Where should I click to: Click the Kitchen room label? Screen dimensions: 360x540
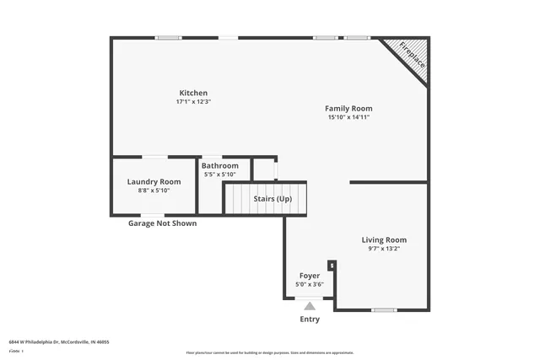click(192, 93)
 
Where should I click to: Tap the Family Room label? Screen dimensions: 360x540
click(348, 108)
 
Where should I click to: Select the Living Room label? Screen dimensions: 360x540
click(384, 239)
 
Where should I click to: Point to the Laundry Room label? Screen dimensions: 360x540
click(154, 181)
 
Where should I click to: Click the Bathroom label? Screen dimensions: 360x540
click(219, 165)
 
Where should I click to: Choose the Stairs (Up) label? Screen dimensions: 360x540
click(273, 199)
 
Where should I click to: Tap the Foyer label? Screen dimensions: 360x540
click(310, 276)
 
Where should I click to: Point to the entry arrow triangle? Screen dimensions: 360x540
click(310, 306)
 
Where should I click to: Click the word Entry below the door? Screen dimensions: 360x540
click(310, 320)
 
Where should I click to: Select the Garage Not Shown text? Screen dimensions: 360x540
click(162, 223)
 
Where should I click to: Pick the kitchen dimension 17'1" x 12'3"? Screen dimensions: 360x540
click(192, 102)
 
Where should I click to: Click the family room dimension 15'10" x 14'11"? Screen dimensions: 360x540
click(348, 117)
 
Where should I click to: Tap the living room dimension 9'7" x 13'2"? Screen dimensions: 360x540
click(384, 249)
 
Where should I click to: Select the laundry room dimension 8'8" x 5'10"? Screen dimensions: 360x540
click(154, 191)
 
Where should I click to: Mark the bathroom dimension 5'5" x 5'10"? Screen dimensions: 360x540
click(219, 175)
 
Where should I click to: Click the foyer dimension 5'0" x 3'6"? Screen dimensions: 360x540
click(310, 285)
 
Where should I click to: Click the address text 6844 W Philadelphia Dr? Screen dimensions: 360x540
click(59, 342)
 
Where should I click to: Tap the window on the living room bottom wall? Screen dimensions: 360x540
click(384, 310)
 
